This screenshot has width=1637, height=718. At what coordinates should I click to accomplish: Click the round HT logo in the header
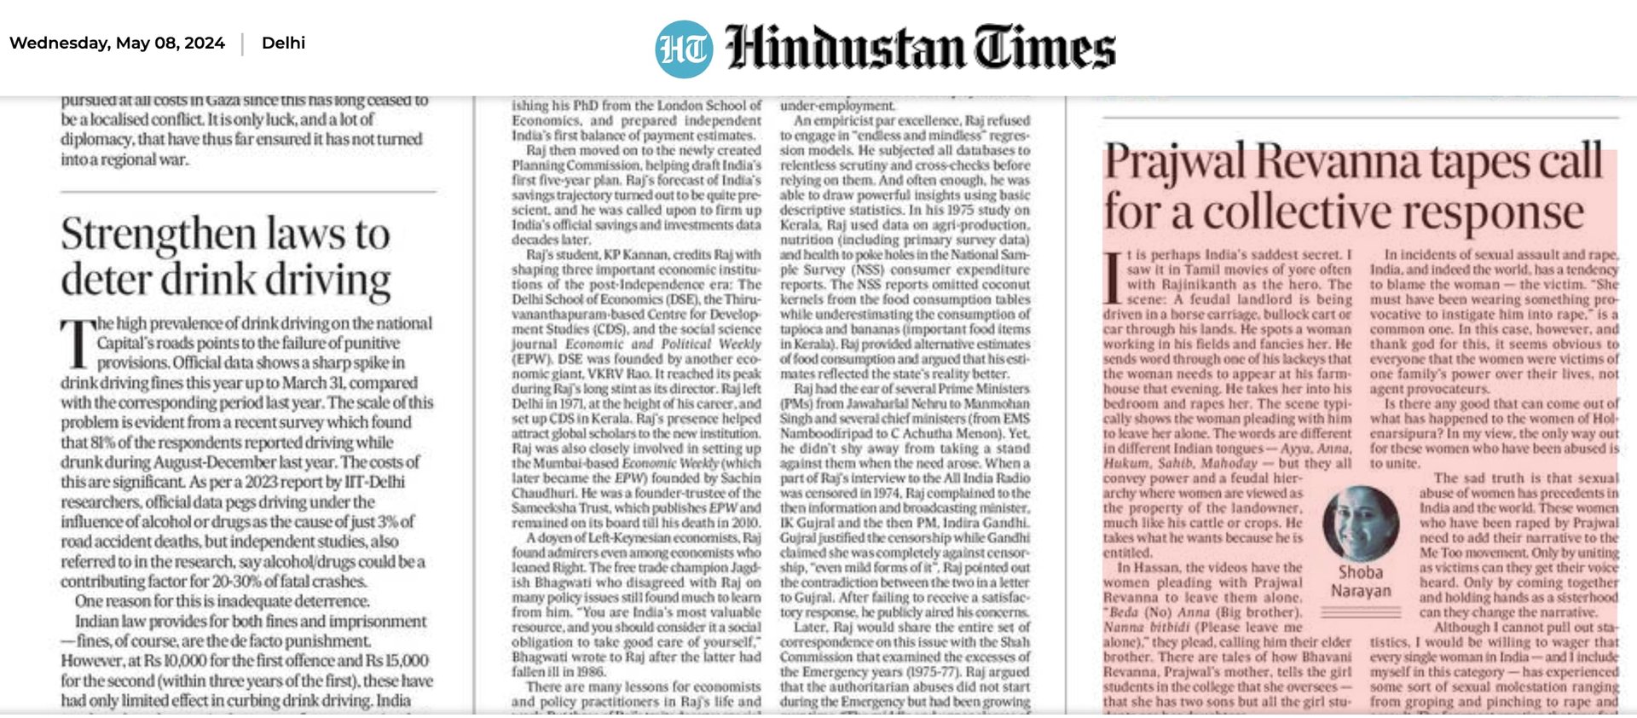click(684, 49)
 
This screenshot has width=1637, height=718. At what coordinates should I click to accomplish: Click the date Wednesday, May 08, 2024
click(117, 43)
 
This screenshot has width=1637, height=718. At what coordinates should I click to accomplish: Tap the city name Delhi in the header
click(283, 43)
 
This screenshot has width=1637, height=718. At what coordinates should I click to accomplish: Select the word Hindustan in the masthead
click(844, 48)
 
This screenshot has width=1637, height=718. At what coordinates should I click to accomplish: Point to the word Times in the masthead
click(1045, 48)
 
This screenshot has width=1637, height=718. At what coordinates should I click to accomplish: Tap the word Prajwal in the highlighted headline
click(1174, 162)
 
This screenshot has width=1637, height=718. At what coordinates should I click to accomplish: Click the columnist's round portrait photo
click(1361, 523)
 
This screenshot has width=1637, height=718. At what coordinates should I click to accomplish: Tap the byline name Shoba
click(1360, 572)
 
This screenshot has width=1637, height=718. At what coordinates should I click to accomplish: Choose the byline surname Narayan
click(1361, 590)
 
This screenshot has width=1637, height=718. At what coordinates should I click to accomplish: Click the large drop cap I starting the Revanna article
click(1112, 278)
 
